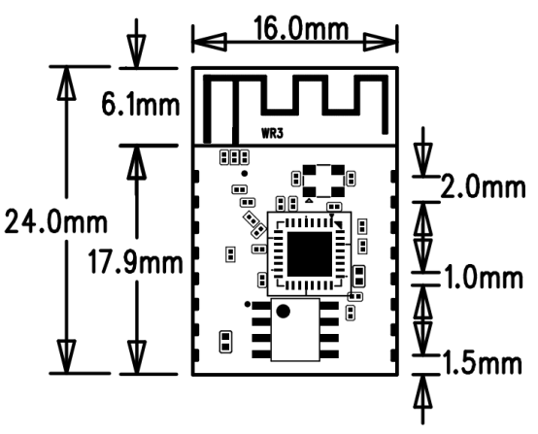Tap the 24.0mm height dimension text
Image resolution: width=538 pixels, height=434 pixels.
click(56, 222)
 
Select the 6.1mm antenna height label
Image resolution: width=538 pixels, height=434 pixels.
click(141, 104)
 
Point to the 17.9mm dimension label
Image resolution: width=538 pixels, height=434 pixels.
click(136, 262)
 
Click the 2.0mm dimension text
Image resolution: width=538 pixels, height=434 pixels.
click(483, 186)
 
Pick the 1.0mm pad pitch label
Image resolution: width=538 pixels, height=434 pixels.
click(484, 277)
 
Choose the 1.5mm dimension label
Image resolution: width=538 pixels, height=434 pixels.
click(482, 363)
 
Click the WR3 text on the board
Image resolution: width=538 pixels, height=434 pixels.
click(273, 133)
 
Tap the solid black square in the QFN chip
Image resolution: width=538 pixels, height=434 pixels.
click(310, 253)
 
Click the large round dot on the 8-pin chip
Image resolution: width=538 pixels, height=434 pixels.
click(283, 311)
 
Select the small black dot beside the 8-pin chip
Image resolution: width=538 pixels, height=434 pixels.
click(248, 304)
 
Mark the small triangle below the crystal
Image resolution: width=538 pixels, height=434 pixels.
click(309, 200)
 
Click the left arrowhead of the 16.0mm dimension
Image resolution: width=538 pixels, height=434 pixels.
click(210, 42)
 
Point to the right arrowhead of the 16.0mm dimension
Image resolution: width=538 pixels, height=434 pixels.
click(381, 42)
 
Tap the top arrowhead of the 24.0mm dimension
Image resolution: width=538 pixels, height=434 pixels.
click(67, 83)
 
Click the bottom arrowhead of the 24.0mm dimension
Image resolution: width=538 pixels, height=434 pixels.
click(67, 356)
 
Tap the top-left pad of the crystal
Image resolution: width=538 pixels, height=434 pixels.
click(310, 170)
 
